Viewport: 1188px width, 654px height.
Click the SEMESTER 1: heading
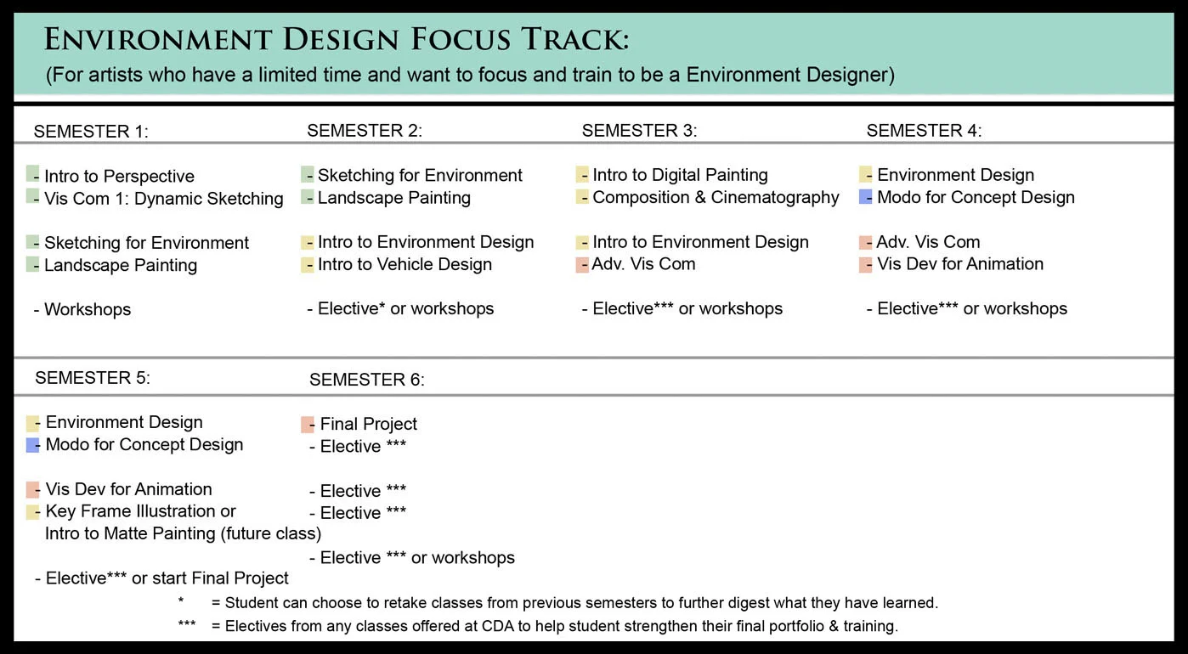[x=91, y=132]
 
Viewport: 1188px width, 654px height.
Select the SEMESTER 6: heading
[x=366, y=380]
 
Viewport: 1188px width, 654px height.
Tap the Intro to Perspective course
[x=119, y=177]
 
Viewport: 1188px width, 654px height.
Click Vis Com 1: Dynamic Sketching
[x=163, y=199]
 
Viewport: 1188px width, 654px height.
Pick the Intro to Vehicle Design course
[x=404, y=264]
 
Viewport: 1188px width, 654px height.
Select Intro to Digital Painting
[x=680, y=175]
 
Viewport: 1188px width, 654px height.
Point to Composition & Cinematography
[x=716, y=197]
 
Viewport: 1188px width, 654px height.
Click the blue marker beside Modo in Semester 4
[x=866, y=197]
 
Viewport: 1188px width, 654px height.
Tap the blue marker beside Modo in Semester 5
[x=33, y=444]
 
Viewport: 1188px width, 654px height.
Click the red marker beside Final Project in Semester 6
[x=308, y=424]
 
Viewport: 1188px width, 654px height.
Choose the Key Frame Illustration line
[x=140, y=511]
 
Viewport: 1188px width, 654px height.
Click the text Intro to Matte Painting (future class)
[x=183, y=533]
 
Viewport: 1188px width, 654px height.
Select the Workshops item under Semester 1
[x=87, y=309]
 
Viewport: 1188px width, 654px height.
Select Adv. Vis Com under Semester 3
[x=643, y=264]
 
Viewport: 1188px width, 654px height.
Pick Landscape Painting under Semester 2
[x=393, y=198]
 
